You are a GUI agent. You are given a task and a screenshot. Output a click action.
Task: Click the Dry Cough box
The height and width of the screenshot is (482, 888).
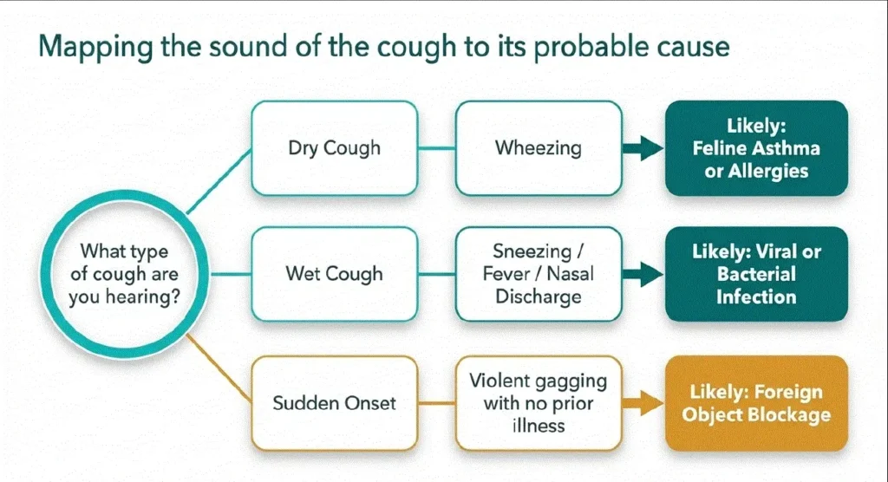coord(334,148)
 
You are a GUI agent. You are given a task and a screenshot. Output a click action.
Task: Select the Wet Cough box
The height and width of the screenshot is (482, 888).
coord(334,274)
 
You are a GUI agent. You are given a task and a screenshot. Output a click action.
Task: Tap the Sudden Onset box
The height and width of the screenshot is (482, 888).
coord(334,403)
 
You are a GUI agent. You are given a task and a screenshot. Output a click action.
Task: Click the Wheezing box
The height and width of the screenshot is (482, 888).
coord(539,148)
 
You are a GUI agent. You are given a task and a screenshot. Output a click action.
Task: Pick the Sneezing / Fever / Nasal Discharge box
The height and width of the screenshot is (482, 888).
coord(539,274)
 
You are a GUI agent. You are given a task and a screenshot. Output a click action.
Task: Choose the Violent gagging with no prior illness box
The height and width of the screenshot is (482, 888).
coord(539,403)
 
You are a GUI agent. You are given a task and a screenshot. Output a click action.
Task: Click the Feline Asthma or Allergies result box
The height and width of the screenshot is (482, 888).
coord(756,148)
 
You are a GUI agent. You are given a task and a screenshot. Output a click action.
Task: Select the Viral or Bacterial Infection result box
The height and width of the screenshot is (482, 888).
coord(756,274)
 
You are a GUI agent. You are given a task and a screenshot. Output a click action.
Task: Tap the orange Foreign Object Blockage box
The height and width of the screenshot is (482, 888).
coord(756,403)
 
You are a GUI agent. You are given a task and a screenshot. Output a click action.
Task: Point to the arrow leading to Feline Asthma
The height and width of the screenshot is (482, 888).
coord(643,148)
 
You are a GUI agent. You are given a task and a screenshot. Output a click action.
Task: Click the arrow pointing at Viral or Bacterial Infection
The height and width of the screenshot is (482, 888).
coord(643,274)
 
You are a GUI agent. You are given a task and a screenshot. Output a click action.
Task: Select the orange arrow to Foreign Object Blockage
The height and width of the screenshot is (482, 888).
coord(643,403)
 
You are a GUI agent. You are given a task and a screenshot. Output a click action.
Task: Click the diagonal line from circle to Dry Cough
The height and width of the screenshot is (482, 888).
coord(219,181)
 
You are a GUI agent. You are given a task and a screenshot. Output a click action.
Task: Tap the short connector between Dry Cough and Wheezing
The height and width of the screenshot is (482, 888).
coord(437,148)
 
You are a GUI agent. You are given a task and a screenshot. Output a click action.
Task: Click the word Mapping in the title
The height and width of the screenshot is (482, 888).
coord(95,48)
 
